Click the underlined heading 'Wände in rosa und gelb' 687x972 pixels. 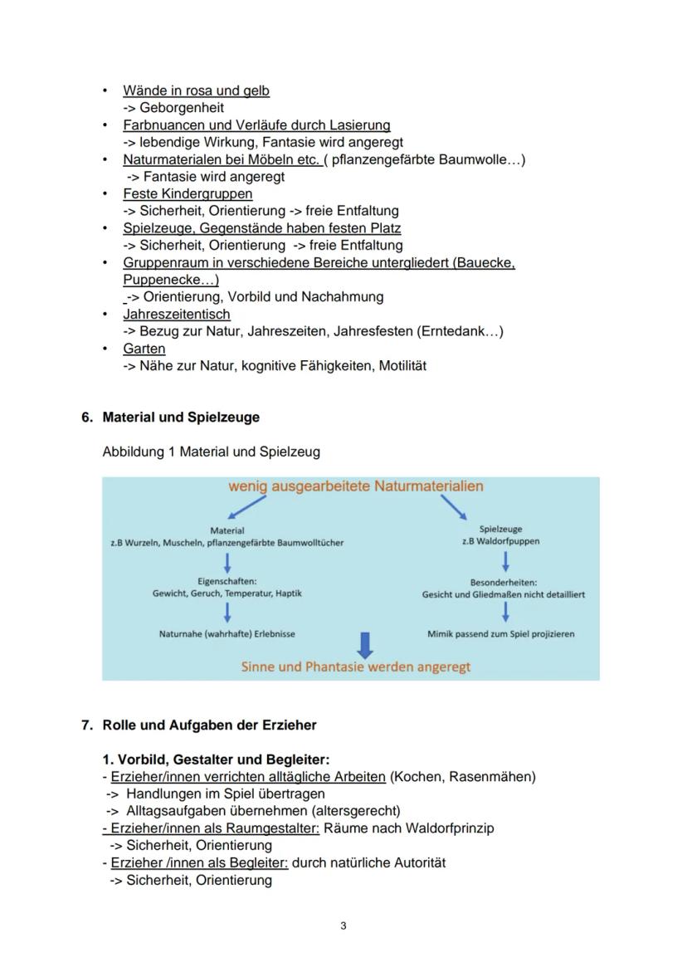196,90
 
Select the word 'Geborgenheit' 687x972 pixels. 181,108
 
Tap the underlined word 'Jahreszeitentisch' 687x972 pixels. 177,315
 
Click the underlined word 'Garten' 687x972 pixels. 144,349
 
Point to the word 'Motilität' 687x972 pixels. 402,366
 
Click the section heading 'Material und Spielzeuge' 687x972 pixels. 181,418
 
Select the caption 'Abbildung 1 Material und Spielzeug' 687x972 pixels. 211,452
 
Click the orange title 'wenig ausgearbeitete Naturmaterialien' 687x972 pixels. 356,486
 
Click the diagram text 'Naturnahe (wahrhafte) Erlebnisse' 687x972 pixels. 227,634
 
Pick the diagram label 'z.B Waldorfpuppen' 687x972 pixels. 500,542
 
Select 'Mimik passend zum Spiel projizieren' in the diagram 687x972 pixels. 500,634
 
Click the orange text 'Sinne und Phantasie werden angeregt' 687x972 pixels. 356,667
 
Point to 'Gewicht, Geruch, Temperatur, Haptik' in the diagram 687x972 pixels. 227,593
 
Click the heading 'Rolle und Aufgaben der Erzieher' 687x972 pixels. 209,725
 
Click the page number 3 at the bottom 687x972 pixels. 343,926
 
